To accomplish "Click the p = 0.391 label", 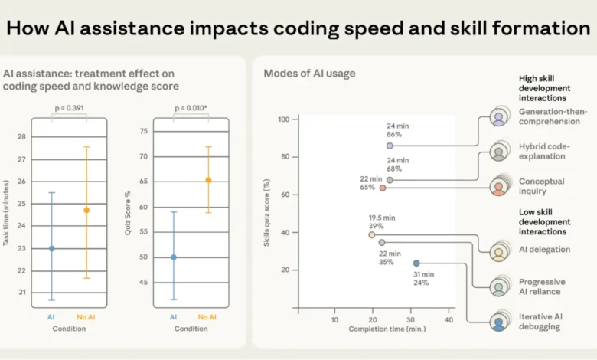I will pos(70,107).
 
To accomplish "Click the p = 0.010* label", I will pos(192,107).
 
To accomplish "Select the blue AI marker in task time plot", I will pos(52,248).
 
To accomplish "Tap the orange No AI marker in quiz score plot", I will pos(208,181).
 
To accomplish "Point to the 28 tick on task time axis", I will pos(20,137).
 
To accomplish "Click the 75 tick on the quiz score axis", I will pos(142,131).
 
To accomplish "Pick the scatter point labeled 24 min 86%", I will pos(390,145).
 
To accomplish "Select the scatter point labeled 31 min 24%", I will pos(416,263).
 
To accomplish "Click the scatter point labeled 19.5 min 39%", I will pos(372,235).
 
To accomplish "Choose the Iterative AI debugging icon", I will pos(499,323).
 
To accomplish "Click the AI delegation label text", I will pos(544,250).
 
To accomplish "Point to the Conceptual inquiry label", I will pos(542,186).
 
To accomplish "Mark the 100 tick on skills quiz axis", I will pos(282,119).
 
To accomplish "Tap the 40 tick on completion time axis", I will pos(449,319).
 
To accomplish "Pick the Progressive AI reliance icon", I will pos(499,287).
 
